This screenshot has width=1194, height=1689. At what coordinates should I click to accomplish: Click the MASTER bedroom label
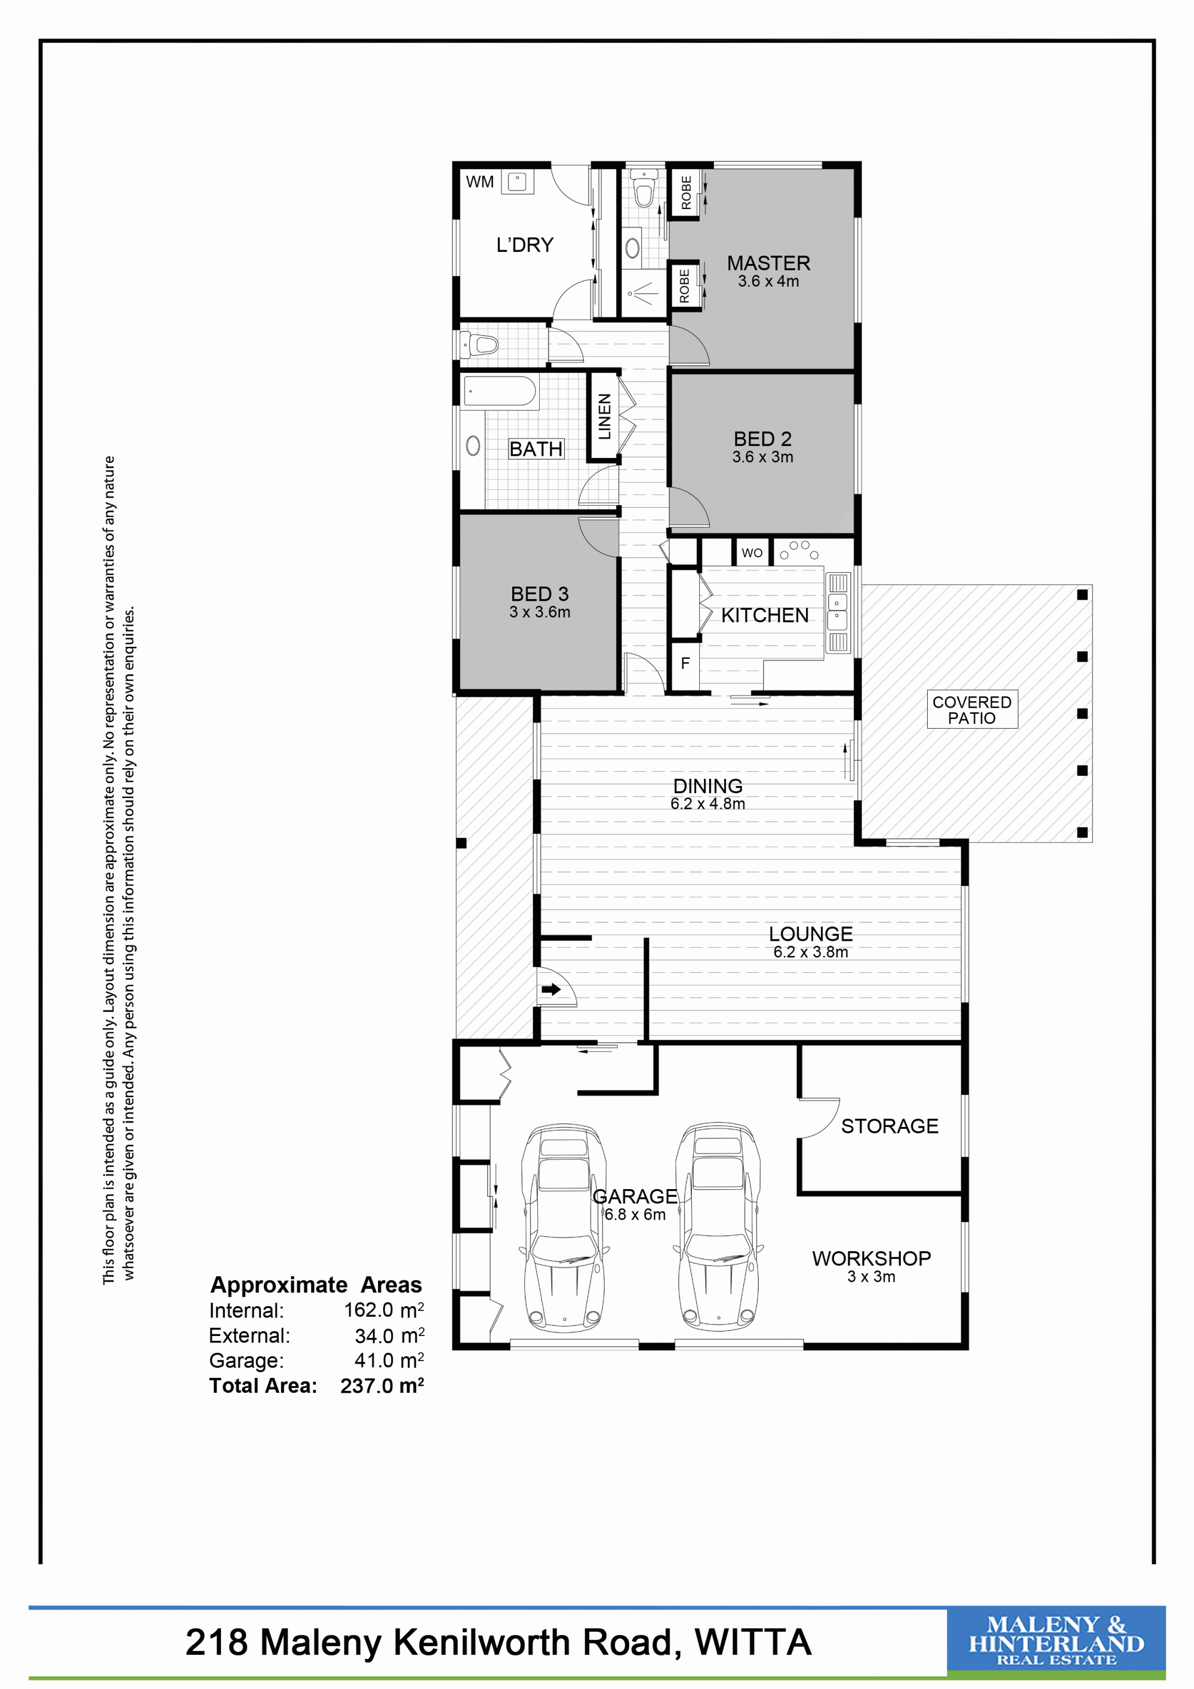pos(768,263)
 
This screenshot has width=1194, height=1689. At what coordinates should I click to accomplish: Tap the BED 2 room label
pos(762,438)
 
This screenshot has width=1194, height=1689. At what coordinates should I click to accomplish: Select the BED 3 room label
pos(540,594)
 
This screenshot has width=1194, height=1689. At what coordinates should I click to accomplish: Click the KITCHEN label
pos(765,615)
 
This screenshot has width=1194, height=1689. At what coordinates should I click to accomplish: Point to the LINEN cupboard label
pos(604,416)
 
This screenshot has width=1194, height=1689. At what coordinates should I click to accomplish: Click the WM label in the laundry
pos(479,182)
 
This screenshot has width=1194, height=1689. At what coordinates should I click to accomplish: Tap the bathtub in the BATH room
pos(500,391)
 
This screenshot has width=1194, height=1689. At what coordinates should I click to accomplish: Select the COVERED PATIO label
pos(971,710)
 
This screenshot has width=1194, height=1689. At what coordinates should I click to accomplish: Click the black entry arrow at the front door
pos(550,990)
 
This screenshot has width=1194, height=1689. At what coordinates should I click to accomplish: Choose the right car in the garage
pos(718,1227)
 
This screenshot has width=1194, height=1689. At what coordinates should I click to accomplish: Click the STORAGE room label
pos(890,1126)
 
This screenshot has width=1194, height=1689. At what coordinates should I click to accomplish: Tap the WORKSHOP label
pos(871,1258)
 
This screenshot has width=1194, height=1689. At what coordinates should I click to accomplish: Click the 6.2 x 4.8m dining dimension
pos(707,804)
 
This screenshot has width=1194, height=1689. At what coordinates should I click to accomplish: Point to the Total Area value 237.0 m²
pos(382,1386)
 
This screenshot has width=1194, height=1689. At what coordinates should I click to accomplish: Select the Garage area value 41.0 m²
pos(389,1361)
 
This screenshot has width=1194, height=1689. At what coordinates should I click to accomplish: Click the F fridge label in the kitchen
pos(685,664)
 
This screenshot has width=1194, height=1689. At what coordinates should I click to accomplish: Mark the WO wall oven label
pos(752,553)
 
